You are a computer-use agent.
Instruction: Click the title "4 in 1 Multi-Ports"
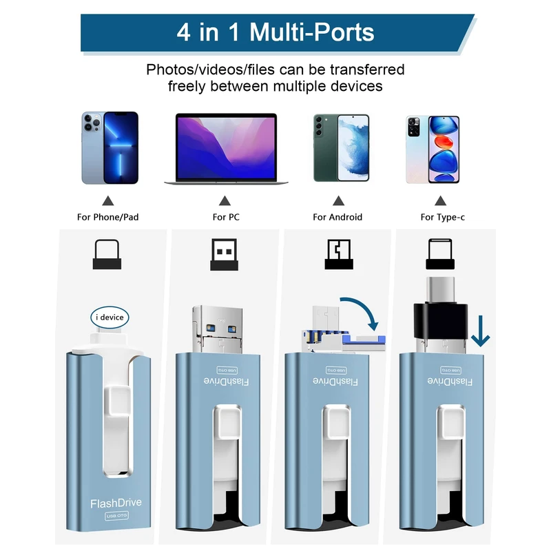click(x=275, y=32)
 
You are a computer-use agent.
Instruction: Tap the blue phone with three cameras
click(x=110, y=148)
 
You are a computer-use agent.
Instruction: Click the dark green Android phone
click(x=341, y=148)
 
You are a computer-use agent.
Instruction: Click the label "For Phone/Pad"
click(x=108, y=217)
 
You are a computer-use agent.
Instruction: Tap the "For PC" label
click(x=225, y=217)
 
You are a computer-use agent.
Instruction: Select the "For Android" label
click(x=337, y=217)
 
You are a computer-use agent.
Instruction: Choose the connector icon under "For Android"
click(x=337, y=254)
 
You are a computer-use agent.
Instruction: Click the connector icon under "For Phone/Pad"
click(x=109, y=254)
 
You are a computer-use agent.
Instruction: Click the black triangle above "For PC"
click(x=225, y=201)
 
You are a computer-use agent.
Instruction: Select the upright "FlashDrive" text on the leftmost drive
click(x=116, y=503)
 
